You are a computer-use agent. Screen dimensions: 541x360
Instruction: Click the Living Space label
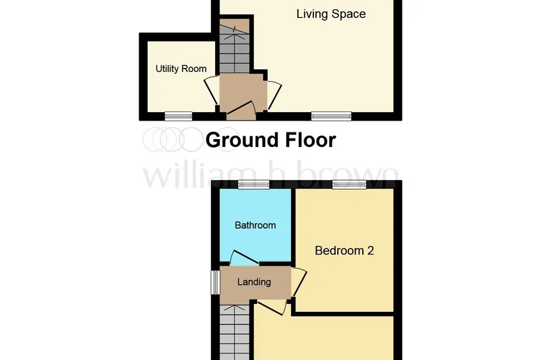[x=331, y=14]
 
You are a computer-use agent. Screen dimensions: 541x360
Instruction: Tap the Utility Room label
[x=181, y=69]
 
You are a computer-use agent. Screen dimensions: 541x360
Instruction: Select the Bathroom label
[x=255, y=225]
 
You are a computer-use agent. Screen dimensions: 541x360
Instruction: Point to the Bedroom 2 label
[x=344, y=251]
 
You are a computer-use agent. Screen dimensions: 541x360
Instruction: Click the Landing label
[x=254, y=282]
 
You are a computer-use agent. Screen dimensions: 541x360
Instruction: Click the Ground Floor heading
[x=270, y=140]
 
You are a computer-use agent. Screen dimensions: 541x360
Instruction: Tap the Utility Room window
[x=178, y=116]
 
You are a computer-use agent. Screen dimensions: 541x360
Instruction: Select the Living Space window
[x=331, y=116]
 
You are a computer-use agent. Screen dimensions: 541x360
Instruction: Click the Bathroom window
[x=253, y=185]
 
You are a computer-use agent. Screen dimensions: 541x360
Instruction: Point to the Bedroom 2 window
[x=349, y=185]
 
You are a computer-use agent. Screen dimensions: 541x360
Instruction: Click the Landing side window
[x=216, y=282]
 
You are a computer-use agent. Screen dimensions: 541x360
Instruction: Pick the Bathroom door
[x=244, y=257]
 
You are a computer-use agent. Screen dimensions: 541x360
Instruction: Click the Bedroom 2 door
[x=300, y=282]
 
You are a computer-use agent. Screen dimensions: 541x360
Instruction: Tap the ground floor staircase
[x=235, y=46]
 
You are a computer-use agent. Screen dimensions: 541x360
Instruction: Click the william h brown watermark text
[x=271, y=176]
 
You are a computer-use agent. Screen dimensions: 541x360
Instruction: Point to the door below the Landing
[x=272, y=307]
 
